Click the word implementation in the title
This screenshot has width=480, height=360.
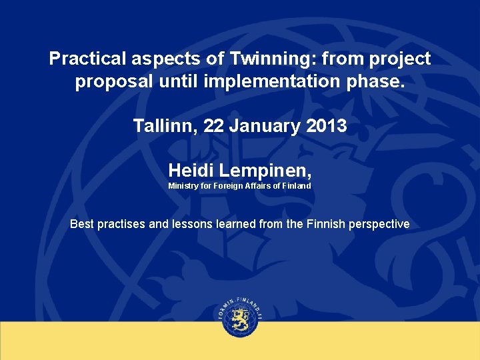pos(274,83)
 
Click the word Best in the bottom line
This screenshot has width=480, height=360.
pos(82,224)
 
